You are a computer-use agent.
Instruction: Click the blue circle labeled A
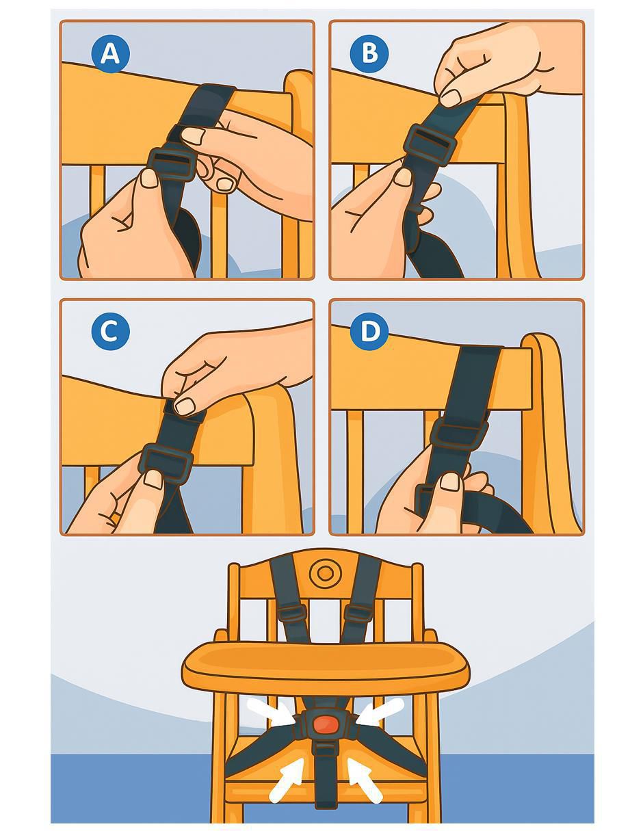click(110, 54)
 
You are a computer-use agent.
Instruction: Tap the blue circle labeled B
click(369, 53)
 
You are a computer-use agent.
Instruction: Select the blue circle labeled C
click(110, 331)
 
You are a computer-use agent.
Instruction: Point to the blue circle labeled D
click(369, 331)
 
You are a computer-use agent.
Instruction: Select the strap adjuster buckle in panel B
click(432, 145)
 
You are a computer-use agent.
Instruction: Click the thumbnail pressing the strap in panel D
click(450, 482)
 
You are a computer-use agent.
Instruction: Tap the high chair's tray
click(325, 665)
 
